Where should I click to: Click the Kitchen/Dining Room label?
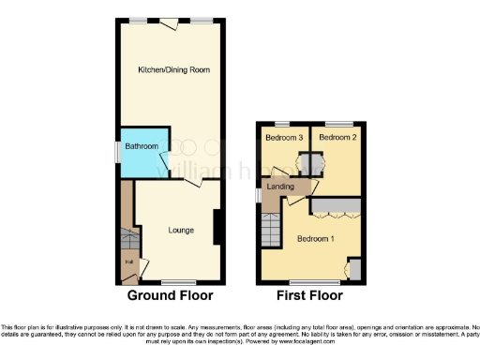(173, 70)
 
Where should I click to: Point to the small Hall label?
(127, 262)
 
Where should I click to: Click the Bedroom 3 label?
(283, 139)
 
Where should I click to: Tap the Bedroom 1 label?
(316, 238)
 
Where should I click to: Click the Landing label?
(281, 187)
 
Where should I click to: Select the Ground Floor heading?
(171, 295)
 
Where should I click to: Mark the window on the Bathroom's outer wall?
(116, 150)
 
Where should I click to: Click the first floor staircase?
(271, 226)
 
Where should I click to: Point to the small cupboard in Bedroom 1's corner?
(353, 271)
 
